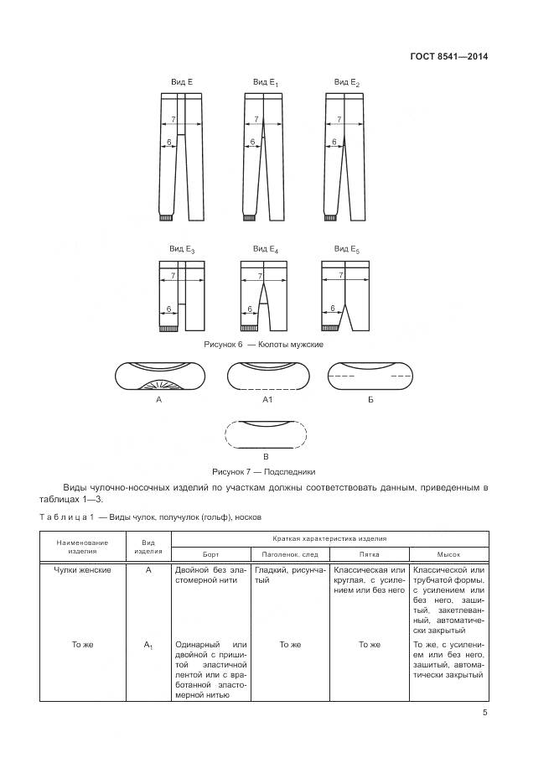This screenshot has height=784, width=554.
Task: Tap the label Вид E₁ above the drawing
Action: [x=266, y=82]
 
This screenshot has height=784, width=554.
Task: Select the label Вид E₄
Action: [x=266, y=249]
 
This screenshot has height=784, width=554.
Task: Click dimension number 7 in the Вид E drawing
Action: [x=173, y=119]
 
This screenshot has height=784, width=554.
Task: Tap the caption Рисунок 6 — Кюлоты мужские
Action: [x=263, y=345]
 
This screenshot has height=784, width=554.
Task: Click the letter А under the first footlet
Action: [x=158, y=401]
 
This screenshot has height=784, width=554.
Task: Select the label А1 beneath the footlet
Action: [x=268, y=401]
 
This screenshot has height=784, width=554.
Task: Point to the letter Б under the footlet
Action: [x=370, y=401]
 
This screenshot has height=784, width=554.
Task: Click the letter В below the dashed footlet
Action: [x=265, y=456]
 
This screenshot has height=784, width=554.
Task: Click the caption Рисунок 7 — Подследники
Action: [x=264, y=471]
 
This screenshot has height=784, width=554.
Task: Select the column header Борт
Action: [x=210, y=554]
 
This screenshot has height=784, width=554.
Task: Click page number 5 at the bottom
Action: [x=484, y=713]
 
